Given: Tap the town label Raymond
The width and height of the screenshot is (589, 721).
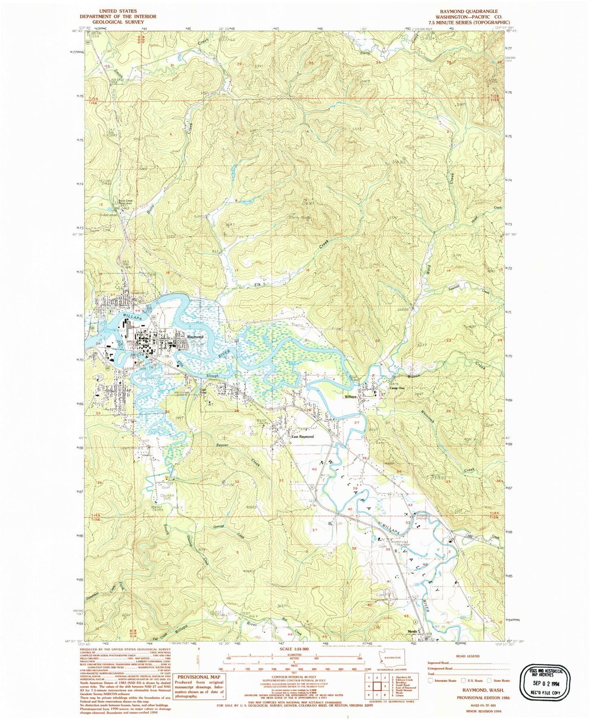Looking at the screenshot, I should [195, 337].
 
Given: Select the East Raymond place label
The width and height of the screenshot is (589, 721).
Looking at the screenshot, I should [302, 437].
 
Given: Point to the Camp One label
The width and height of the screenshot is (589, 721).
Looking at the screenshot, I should [397, 388].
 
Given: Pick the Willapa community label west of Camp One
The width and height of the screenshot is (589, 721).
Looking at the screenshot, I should [350, 396].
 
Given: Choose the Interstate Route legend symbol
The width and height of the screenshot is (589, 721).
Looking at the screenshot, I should [430, 680].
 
